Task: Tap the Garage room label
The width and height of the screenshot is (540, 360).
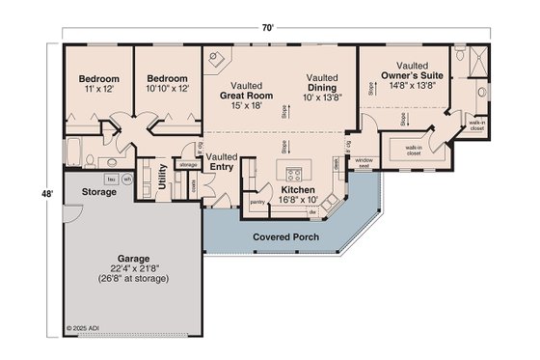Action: pyautogui.click(x=133, y=259)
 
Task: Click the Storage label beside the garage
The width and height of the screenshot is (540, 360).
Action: pyautogui.click(x=98, y=192)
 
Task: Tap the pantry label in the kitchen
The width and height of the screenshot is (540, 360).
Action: pyautogui.click(x=257, y=203)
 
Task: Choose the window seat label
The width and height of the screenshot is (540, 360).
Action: pyautogui.click(x=364, y=163)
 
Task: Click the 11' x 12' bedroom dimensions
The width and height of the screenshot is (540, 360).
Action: pyautogui.click(x=98, y=88)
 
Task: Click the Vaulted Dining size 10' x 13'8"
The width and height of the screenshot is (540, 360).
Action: pyautogui.click(x=322, y=97)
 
